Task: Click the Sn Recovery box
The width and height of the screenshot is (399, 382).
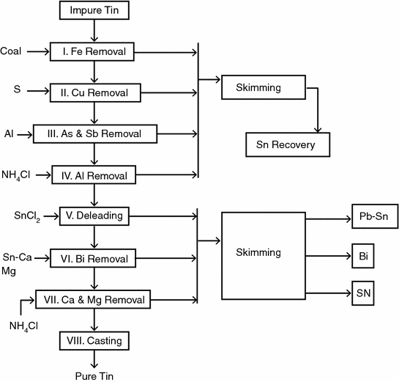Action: coord(287,145)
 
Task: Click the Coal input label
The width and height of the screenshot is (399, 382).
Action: coord(11,51)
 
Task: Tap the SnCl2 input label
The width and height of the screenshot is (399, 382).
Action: coord(26,217)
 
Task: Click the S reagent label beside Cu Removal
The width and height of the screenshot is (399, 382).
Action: coord(15,89)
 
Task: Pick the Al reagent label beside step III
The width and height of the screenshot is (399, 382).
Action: coord(8,134)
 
